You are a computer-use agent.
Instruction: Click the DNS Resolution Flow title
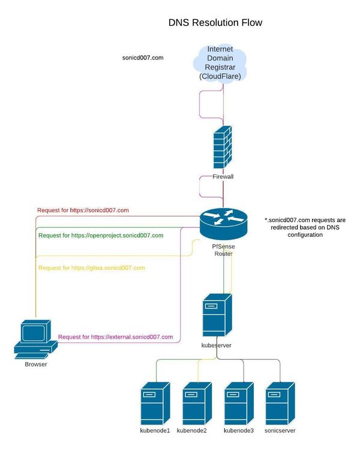215,23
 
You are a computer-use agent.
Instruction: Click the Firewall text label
223,177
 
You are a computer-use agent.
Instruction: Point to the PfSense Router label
223,249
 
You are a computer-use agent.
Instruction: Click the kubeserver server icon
216,315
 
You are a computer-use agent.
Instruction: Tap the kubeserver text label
216,345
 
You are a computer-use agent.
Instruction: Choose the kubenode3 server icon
238,403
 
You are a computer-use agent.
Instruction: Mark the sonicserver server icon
280,403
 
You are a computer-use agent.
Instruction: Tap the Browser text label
36,364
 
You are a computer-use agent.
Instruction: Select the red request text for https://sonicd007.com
83,211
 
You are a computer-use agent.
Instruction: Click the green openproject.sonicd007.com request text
101,236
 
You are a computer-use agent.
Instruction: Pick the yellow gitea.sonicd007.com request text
91,267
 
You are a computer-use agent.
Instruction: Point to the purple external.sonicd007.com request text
115,337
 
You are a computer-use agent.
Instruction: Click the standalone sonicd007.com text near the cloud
143,58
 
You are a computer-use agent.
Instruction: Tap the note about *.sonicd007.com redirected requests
305,228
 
